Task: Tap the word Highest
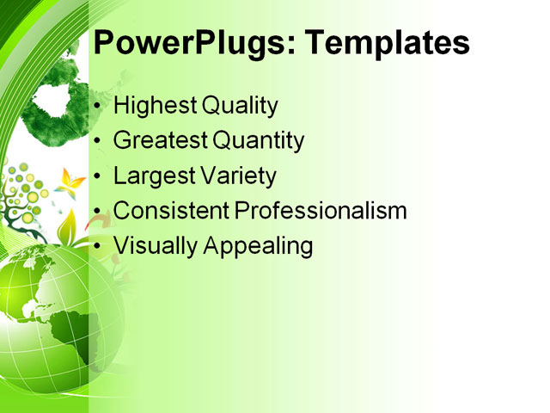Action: pos(155,106)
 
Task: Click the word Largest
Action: pos(152,176)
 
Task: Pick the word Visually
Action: pos(155,246)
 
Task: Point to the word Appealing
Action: pos(258,246)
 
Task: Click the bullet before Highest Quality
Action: pos(99,107)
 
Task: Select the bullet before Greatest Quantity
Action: pos(99,141)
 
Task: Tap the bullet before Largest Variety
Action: pos(99,176)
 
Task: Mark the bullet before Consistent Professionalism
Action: pos(99,211)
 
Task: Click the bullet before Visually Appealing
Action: pos(99,246)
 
